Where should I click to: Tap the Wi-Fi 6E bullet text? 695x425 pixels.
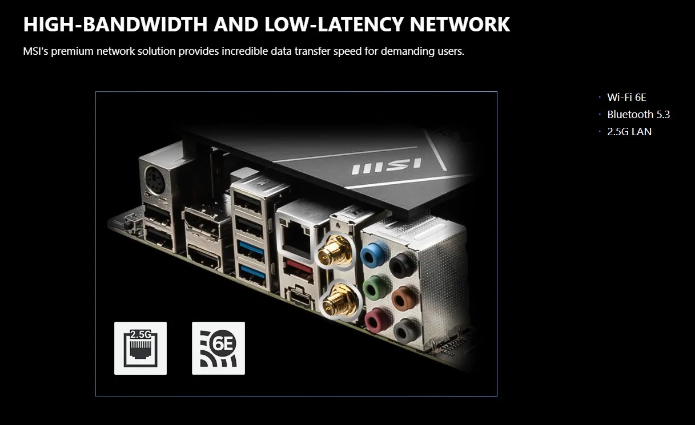[626, 98]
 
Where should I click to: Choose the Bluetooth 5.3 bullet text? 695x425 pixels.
[638, 115]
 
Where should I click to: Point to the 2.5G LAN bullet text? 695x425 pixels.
[629, 132]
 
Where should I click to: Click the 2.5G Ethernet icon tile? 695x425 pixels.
[140, 348]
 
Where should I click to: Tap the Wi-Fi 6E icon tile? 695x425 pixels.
[218, 348]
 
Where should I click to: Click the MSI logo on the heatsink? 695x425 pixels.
[386, 166]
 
